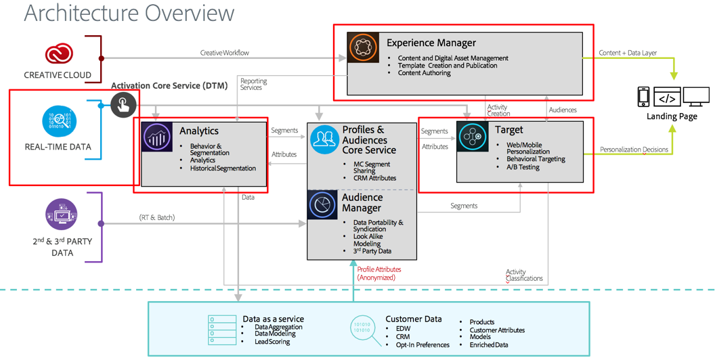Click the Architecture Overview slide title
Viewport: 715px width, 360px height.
(129, 13)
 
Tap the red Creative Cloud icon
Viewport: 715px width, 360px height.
(59, 54)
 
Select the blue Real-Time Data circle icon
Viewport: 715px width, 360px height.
(59, 122)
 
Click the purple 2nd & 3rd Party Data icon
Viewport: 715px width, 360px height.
(61, 215)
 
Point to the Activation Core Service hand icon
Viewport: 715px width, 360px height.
(123, 105)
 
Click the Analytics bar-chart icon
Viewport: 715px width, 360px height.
(158, 137)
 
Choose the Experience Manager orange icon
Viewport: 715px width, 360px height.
(364, 47)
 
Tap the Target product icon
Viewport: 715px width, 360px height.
(472, 137)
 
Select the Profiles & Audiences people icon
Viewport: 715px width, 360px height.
(324, 139)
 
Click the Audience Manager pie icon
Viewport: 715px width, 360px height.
(323, 205)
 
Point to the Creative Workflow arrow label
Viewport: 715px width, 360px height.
(224, 53)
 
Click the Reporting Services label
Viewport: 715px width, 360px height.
(253, 84)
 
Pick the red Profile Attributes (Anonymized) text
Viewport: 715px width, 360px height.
(380, 273)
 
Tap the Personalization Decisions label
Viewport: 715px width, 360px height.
(634, 150)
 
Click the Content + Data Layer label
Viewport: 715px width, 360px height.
(628, 53)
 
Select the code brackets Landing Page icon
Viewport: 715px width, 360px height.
(667, 98)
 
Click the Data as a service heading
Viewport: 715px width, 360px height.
(273, 319)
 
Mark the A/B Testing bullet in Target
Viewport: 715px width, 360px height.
(523, 167)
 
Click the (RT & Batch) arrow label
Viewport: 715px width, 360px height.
(157, 217)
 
